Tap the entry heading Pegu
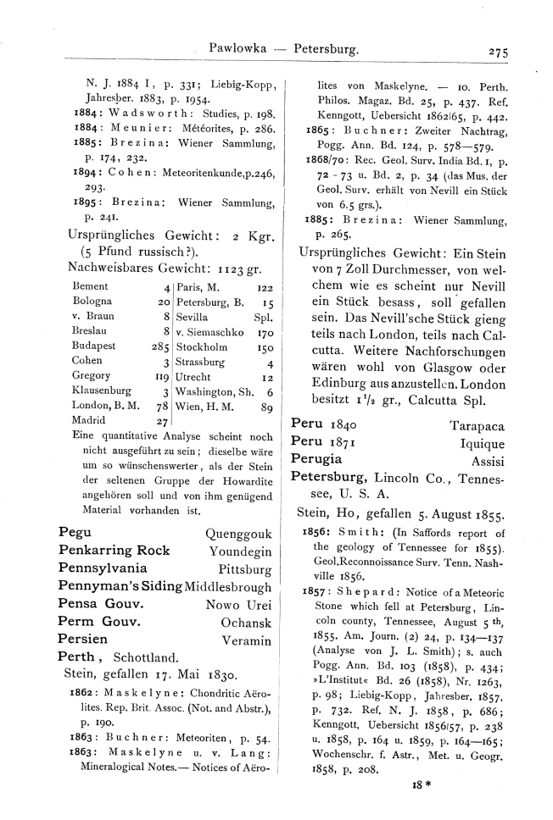(75, 533)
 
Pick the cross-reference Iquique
(482, 441)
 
